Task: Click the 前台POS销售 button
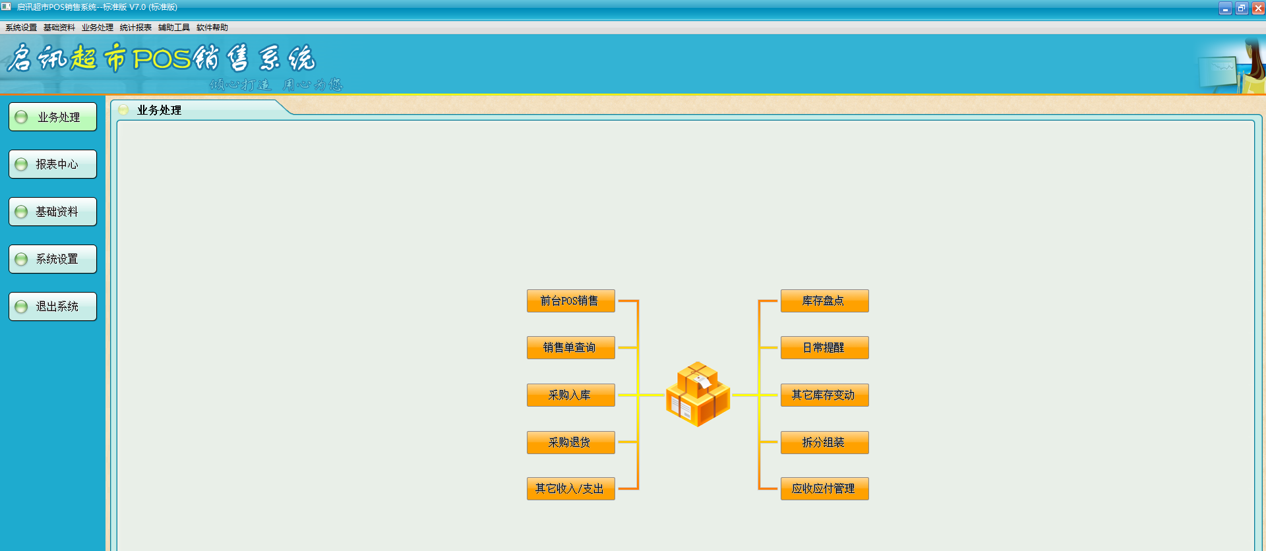point(570,301)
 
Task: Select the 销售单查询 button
point(570,347)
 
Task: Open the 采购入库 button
point(570,395)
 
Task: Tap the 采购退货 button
point(570,442)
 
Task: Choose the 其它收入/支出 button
point(570,488)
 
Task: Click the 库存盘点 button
point(824,301)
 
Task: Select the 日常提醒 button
point(824,347)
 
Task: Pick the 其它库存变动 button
point(824,395)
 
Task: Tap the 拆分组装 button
point(824,442)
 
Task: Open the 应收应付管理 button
point(824,488)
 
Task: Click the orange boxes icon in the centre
point(698,393)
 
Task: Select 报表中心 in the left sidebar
point(53,164)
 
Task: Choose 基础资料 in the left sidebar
point(53,212)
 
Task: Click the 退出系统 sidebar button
point(53,306)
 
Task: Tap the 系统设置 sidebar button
point(53,259)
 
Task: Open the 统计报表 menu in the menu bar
point(136,28)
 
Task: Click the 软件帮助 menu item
point(212,28)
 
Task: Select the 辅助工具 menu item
point(174,28)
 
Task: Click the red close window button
point(1258,9)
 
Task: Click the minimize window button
point(1226,9)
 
